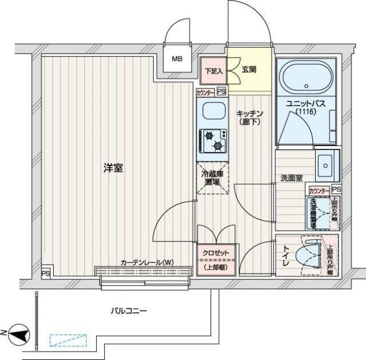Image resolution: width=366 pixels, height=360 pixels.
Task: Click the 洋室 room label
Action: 113,169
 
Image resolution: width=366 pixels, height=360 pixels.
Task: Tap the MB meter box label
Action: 178,58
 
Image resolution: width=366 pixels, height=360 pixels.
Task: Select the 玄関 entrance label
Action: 249,70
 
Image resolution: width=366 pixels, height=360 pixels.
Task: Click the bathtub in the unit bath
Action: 307,78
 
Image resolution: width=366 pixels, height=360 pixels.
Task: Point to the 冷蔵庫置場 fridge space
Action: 212,177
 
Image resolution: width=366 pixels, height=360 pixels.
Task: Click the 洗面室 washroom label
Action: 291,178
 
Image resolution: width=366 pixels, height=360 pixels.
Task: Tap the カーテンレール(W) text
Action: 146,263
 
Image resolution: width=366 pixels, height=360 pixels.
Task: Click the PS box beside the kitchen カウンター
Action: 221,92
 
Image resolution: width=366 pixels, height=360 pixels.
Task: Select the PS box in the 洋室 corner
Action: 45,274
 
